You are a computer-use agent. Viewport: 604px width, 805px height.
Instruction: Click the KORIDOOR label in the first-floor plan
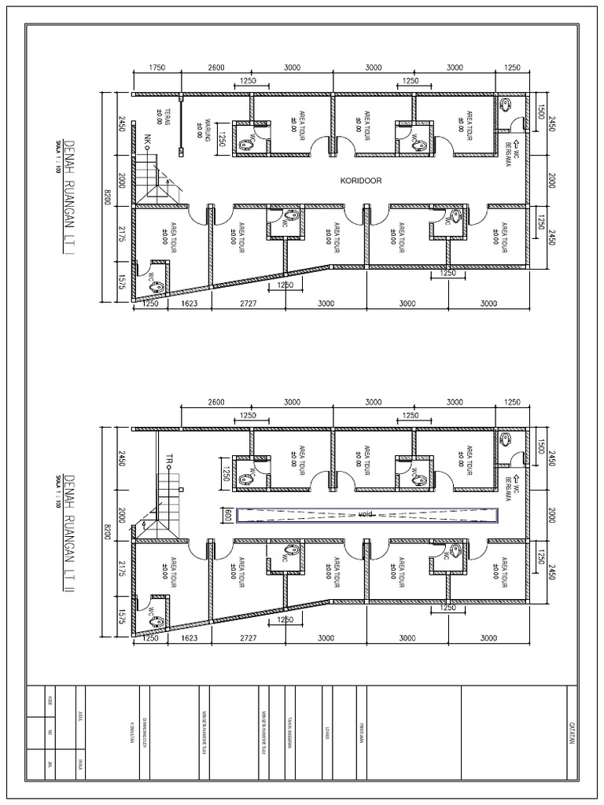[361, 180]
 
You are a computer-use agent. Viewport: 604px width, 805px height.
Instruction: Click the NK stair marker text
[147, 140]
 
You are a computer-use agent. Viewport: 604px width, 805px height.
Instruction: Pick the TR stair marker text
[168, 458]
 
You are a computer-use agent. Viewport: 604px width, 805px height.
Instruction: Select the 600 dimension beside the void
[228, 514]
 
